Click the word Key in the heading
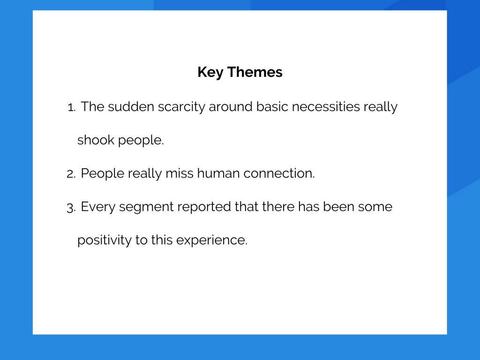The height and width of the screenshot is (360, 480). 210,73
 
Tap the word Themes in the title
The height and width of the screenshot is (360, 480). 255,72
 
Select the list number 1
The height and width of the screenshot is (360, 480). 71,107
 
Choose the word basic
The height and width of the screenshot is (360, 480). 272,106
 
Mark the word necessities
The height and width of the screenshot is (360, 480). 326,106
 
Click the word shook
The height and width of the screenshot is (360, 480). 96,140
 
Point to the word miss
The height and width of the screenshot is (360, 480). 180,173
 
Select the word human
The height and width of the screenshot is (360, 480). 218,173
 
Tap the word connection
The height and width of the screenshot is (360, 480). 279,173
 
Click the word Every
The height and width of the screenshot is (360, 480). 98,207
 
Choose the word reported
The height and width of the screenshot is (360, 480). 204,207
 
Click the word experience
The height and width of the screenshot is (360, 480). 212,240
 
